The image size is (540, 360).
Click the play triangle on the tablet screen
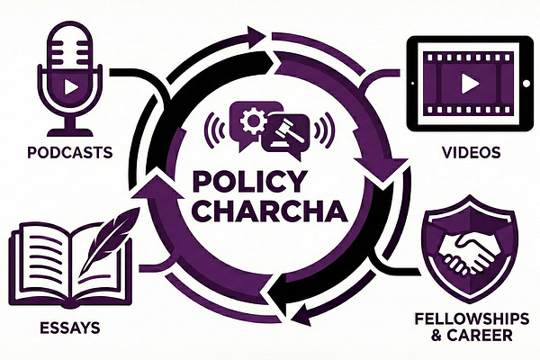click(x=471, y=84)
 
